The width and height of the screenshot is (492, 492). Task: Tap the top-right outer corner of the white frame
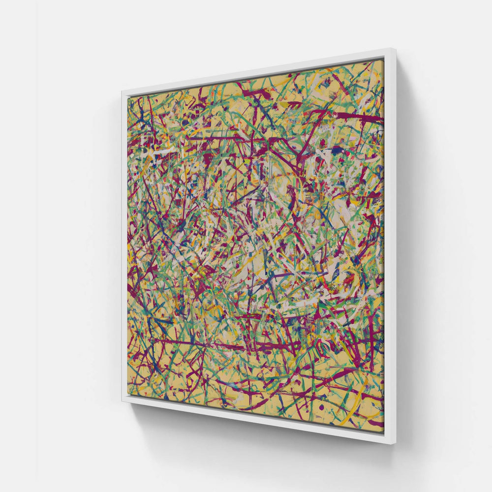click(x=392, y=48)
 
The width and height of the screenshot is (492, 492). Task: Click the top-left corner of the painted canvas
click(x=129, y=96)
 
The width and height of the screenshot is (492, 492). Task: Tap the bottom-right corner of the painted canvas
click(x=383, y=429)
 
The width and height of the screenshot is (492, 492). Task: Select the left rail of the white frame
click(x=125, y=246)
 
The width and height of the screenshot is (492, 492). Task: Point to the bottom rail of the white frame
click(x=256, y=418)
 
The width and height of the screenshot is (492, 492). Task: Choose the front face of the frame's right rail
click(x=388, y=246)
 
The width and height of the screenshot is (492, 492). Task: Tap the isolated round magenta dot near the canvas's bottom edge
click(x=321, y=408)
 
